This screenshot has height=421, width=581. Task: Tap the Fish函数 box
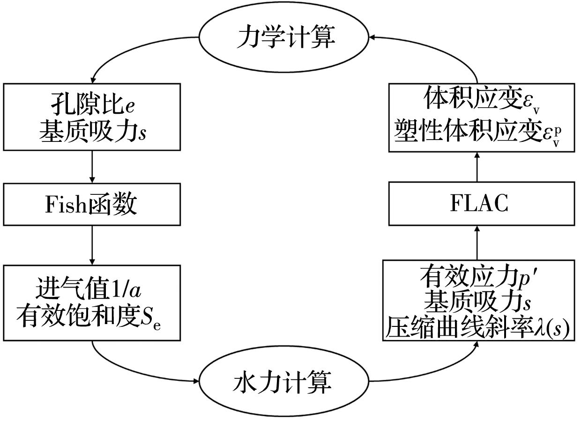[x=92, y=205]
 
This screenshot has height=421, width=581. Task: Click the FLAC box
[x=481, y=205]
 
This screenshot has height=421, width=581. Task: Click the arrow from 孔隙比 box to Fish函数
[x=92, y=167]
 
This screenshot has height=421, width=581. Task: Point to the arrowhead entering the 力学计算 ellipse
[x=373, y=37]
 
